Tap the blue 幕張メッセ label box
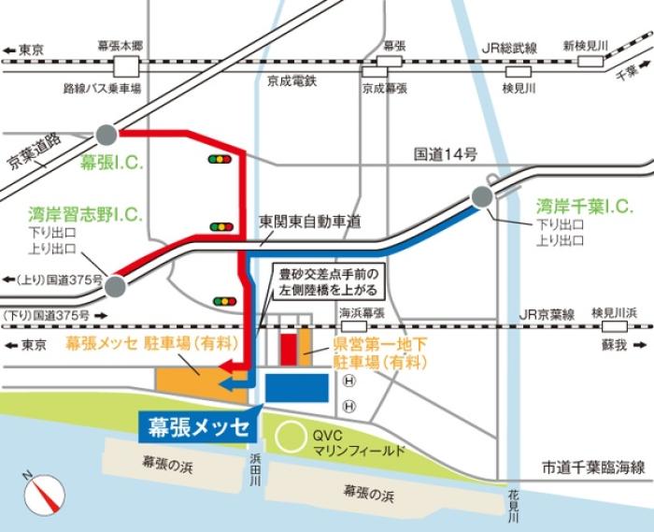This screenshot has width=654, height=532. point(199,427)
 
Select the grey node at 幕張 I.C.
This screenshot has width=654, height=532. point(106,134)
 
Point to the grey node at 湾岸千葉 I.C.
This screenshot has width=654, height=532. point(482,196)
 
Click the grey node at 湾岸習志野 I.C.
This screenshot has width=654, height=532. point(115,285)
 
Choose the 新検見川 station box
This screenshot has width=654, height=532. point(590,61)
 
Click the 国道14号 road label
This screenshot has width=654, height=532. point(447,153)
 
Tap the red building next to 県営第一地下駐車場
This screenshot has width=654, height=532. point(289,346)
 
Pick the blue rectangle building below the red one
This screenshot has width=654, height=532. point(297,387)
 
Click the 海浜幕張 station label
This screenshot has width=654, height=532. point(362,313)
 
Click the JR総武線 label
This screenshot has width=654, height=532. point(509,47)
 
